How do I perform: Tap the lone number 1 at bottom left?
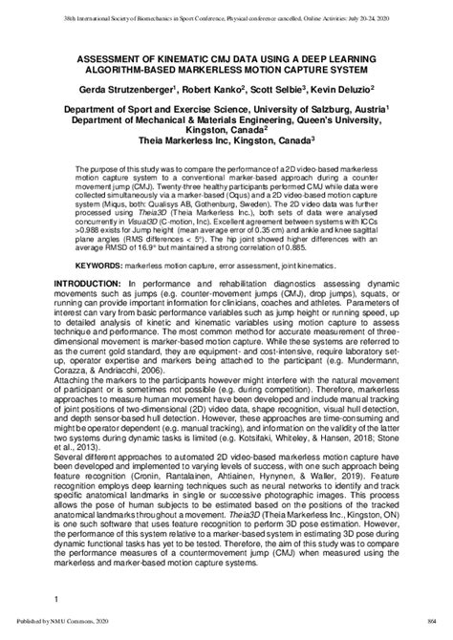[x=56, y=600]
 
